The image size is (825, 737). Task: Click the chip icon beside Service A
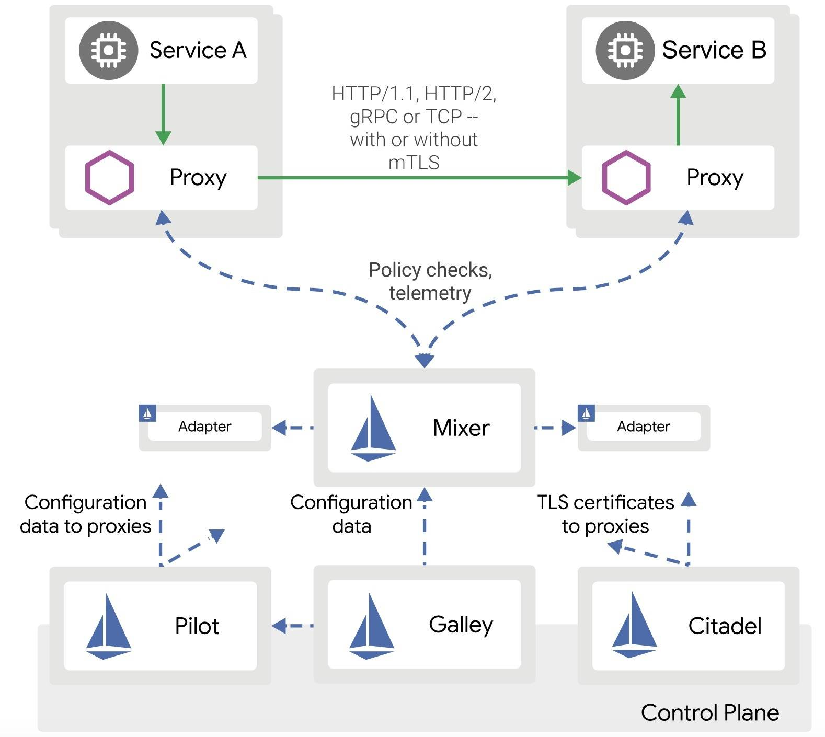(x=108, y=50)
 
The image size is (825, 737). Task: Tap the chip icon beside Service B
(x=625, y=50)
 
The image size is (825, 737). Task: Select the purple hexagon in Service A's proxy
(x=109, y=177)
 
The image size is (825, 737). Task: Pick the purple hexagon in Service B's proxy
(x=626, y=177)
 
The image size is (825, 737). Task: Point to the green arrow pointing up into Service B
(x=678, y=115)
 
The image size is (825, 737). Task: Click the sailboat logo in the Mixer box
(x=373, y=429)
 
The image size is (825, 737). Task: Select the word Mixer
(x=461, y=428)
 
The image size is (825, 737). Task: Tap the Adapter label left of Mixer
(x=204, y=427)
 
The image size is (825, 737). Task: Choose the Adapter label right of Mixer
(x=643, y=427)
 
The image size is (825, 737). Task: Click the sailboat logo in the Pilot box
(x=108, y=626)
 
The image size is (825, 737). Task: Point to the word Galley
(x=461, y=625)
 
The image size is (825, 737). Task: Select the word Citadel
(x=724, y=626)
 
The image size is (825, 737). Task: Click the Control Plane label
(x=709, y=712)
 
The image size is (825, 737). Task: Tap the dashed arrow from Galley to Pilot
(x=292, y=625)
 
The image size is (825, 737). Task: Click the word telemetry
(x=430, y=293)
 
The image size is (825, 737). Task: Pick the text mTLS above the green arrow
(x=414, y=163)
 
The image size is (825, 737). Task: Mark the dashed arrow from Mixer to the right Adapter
(x=554, y=428)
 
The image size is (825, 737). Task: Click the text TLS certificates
(x=605, y=502)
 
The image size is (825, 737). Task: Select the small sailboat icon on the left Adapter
(x=147, y=413)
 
